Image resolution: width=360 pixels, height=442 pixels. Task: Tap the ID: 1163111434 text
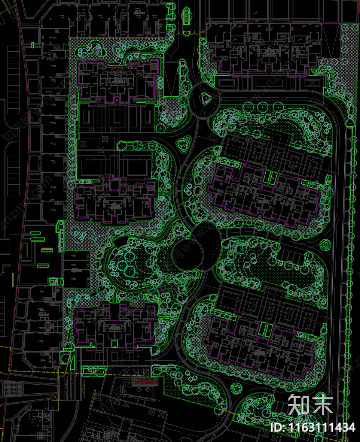click(x=312, y=427)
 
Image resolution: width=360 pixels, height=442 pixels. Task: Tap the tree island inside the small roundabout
click(x=206, y=98)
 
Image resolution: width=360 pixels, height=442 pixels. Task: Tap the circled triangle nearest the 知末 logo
click(x=237, y=388)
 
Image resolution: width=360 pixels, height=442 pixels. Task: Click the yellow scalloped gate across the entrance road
click(x=190, y=33)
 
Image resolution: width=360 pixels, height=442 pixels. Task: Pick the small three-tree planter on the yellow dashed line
click(x=93, y=371)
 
